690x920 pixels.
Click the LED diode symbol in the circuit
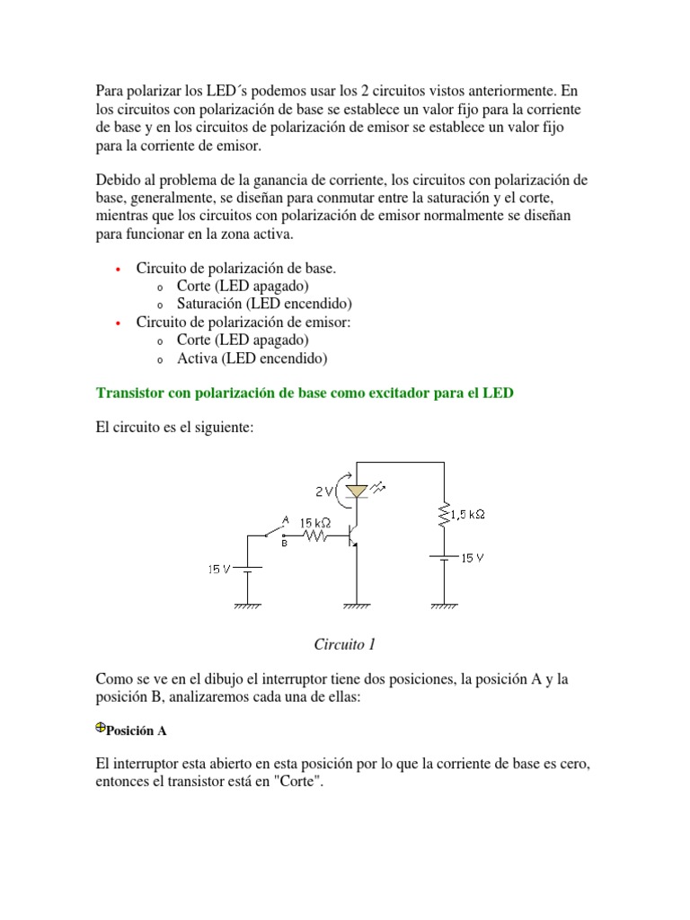tap(358, 491)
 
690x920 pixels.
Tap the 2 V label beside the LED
tap(324, 491)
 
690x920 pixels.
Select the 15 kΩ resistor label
tap(314, 522)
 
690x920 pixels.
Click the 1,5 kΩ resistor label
tap(467, 514)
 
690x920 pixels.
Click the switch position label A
tap(285, 519)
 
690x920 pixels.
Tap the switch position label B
tap(285, 543)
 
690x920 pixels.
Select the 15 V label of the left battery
tap(219, 569)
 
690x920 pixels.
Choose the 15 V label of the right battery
tap(473, 558)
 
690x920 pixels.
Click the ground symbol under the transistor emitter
tap(357, 606)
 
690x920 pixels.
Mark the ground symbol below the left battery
tap(248, 606)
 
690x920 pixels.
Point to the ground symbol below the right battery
tap(444, 606)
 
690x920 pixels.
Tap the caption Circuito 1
tap(344, 644)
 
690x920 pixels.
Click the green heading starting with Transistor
tap(305, 394)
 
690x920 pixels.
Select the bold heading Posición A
tap(137, 730)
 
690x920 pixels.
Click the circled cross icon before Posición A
tap(101, 729)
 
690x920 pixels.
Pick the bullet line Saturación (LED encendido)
tap(264, 304)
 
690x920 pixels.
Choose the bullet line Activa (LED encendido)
tap(252, 358)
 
